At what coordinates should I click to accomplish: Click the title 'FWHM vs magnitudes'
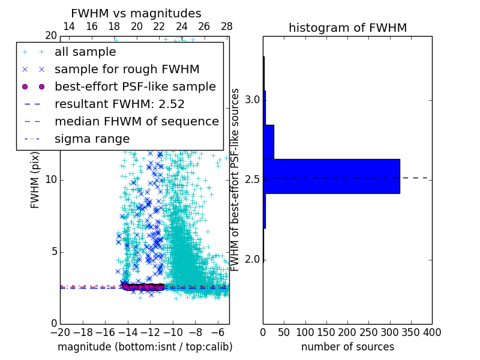pos(136,13)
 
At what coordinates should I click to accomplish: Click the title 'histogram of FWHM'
pos(347,28)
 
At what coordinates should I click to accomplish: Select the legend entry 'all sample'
pos(85,52)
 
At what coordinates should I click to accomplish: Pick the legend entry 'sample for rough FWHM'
pos(127,70)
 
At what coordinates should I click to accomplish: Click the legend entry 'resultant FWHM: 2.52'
pos(119,104)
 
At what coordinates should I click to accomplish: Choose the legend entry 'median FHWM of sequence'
pos(136,122)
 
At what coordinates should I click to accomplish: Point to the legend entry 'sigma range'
pos(92,139)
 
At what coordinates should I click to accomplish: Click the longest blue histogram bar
pos(331,176)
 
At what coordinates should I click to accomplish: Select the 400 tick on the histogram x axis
pos(432,332)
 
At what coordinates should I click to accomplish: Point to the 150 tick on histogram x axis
pos(326,332)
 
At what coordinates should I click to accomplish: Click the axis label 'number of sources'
pos(347,347)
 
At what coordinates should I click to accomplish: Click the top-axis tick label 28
pos(227,26)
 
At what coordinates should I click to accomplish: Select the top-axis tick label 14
pos(69,26)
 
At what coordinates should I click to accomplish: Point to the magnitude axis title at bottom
pos(145,347)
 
